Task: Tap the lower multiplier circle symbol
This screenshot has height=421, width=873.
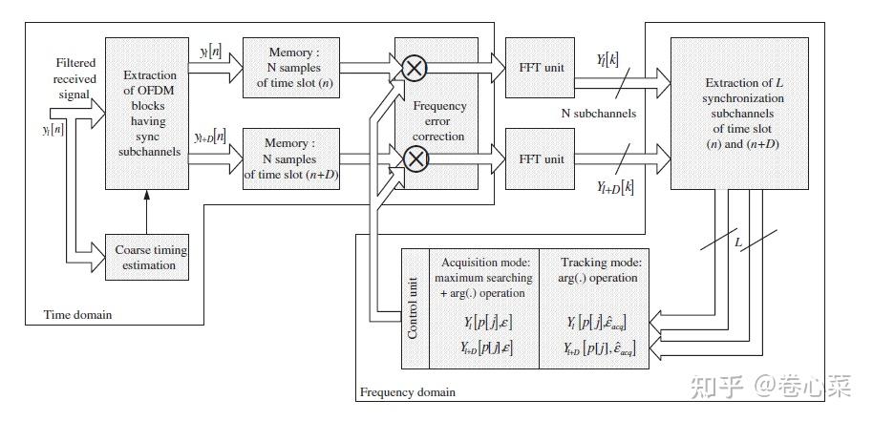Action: point(415,159)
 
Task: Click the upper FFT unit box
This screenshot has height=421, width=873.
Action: point(541,67)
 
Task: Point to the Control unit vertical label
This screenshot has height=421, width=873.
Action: point(413,306)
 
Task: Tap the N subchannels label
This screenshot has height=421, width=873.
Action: point(597,114)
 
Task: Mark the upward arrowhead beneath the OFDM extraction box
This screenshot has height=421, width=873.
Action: point(146,195)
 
